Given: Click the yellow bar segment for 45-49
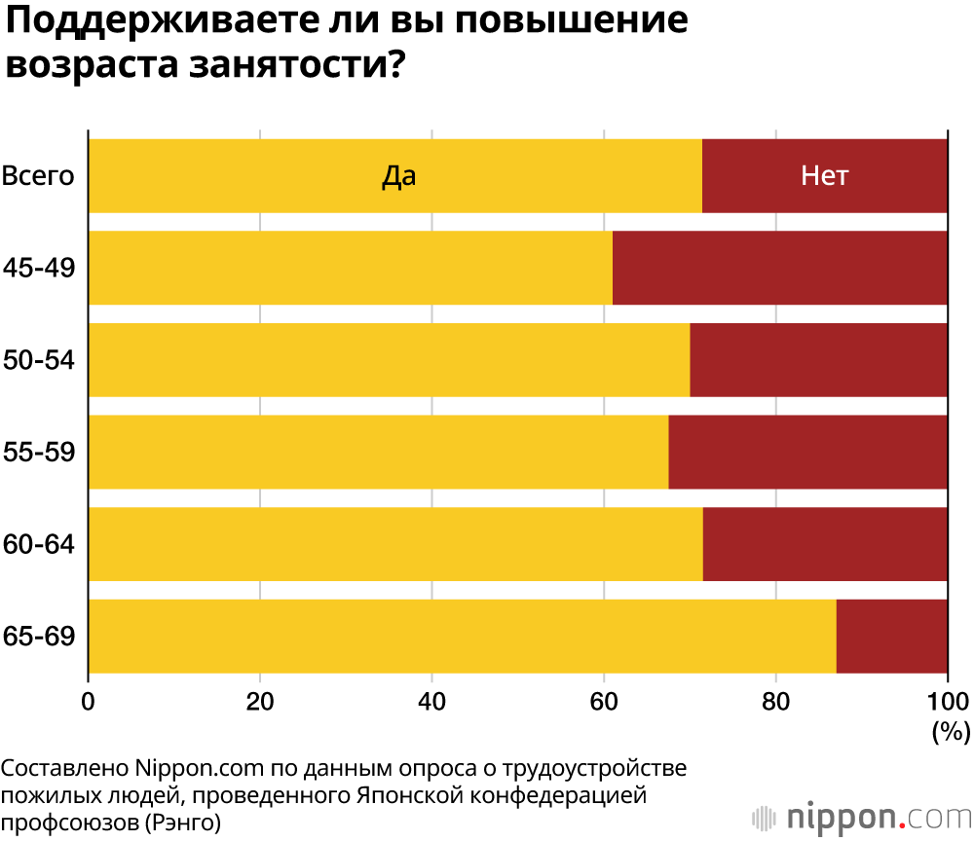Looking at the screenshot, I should tap(351, 268).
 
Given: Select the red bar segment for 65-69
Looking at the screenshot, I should tap(891, 637).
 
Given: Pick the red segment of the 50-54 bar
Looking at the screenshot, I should tap(818, 360).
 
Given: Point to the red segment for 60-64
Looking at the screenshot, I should tap(825, 544).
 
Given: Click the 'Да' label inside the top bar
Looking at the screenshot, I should tap(398, 176).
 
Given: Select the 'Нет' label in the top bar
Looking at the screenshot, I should tap(824, 176).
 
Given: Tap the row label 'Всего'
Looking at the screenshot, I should tap(39, 176).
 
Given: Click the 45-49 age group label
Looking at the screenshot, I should tap(40, 268).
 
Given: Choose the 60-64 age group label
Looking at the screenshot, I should tap(40, 544).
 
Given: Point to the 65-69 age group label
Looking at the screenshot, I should tap(40, 637).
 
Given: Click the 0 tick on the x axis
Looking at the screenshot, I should tap(89, 701).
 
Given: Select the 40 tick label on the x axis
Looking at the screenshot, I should tap(431, 701).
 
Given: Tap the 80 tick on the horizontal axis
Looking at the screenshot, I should tap(775, 701).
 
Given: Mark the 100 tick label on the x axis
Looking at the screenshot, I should tap(946, 701).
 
